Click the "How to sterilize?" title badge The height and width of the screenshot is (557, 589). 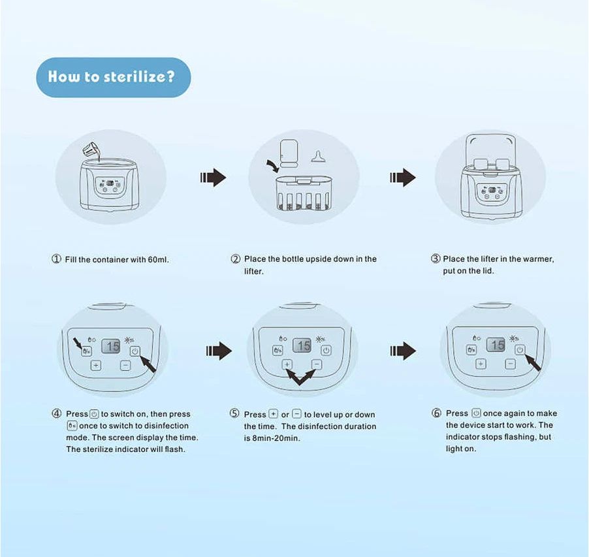114,77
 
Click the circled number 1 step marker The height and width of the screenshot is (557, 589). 56,259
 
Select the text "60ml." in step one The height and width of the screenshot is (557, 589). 158,259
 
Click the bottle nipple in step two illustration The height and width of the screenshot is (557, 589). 318,157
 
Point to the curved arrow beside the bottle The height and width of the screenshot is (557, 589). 273,166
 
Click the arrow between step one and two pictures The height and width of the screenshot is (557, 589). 213,177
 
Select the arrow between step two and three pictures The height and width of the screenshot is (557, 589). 403,177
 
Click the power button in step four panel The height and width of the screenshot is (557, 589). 135,351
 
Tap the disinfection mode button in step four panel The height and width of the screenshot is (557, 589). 87,351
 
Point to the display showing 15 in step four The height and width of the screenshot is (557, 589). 111,346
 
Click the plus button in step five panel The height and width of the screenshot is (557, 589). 287,364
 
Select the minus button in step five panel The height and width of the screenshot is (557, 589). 317,364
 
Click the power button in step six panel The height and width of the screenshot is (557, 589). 520,349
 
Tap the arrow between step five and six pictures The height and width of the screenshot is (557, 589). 403,351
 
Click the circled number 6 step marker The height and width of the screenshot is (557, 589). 436,413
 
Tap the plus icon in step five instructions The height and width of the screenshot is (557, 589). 274,414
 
